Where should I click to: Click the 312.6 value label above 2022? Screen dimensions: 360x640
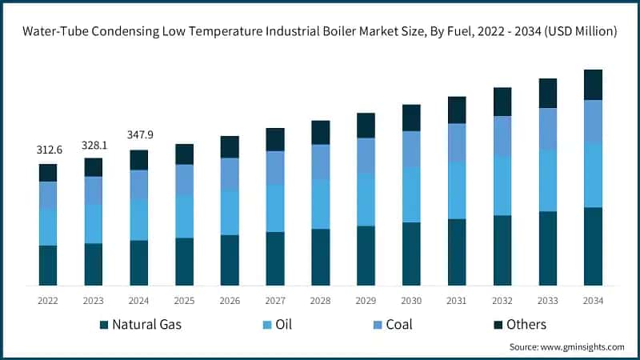(x=48, y=150)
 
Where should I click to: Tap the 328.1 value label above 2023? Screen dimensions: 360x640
(x=94, y=145)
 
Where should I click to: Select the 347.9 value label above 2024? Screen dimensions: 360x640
(x=139, y=135)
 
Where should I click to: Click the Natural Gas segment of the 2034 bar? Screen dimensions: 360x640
(x=593, y=246)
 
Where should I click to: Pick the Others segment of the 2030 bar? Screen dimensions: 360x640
(x=411, y=118)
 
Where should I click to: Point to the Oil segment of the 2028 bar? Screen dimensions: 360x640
(x=320, y=204)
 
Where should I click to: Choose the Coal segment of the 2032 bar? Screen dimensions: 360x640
(x=502, y=136)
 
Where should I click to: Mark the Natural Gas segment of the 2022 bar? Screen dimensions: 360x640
(x=48, y=265)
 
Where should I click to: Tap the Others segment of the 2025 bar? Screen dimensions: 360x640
(x=185, y=154)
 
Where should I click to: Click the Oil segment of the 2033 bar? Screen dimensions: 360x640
(x=547, y=181)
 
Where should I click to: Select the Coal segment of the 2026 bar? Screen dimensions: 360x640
(x=230, y=174)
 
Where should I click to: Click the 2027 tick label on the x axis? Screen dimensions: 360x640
(x=275, y=300)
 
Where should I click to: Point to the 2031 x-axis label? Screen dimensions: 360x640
(x=457, y=300)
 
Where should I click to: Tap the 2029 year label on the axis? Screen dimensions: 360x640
(x=366, y=300)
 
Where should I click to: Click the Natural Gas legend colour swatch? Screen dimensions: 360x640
(x=103, y=325)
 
